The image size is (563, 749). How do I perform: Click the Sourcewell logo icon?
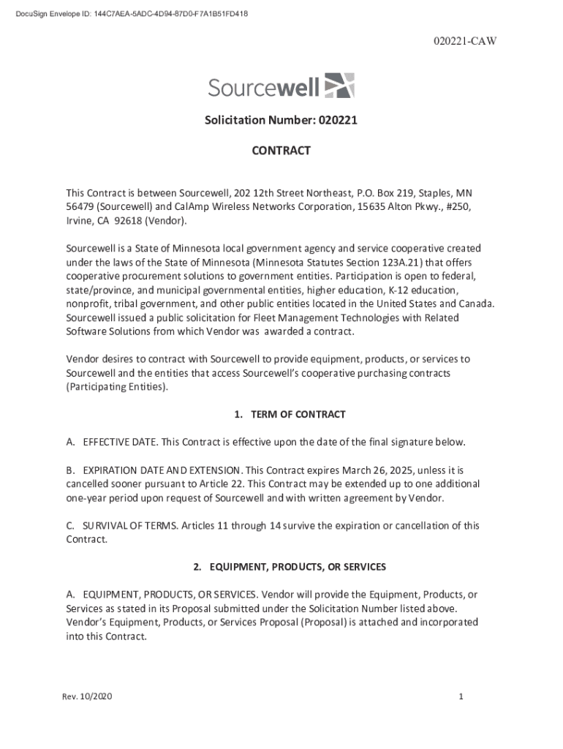(339, 86)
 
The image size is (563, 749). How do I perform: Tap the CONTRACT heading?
(281, 151)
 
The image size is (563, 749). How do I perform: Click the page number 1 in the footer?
(461, 696)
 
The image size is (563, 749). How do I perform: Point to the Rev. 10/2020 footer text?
(87, 696)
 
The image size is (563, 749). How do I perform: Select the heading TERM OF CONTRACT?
(298, 415)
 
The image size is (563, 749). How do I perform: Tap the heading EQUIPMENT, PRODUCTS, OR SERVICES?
(298, 567)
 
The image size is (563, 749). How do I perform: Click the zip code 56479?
(80, 207)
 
